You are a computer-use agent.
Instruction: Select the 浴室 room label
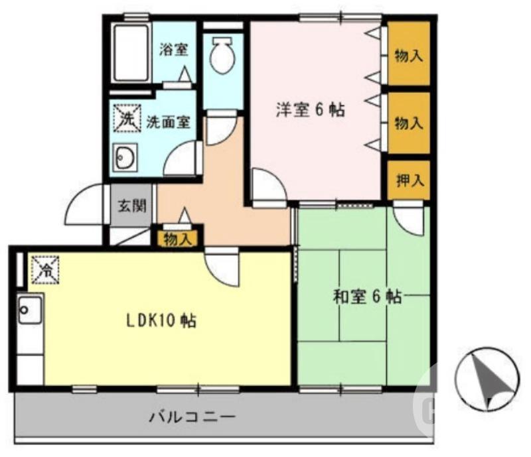point(174,49)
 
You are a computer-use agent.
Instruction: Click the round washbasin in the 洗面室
point(125,158)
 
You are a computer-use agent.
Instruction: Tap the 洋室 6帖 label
point(310,110)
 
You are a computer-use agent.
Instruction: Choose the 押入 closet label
point(408,179)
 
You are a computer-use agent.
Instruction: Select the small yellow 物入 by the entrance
point(178,239)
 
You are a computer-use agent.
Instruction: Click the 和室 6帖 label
point(366,296)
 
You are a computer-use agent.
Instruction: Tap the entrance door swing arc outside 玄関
point(84,206)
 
